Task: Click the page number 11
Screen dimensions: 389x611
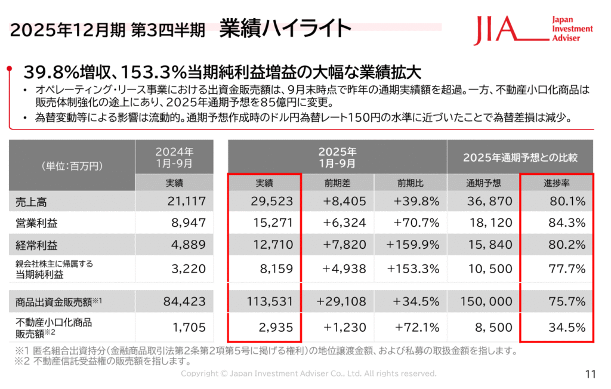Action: point(591,374)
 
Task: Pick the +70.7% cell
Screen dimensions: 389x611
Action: point(416,223)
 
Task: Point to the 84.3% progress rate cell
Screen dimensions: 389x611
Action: point(564,223)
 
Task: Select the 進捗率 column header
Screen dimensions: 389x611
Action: point(556,183)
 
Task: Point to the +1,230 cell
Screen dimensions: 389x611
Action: point(344,327)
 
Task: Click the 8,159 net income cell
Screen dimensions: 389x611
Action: point(274,268)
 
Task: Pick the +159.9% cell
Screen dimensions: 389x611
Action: point(413,245)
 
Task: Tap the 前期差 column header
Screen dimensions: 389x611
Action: point(337,183)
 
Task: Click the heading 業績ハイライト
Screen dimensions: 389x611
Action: point(285,28)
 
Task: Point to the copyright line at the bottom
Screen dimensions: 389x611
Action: point(308,373)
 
